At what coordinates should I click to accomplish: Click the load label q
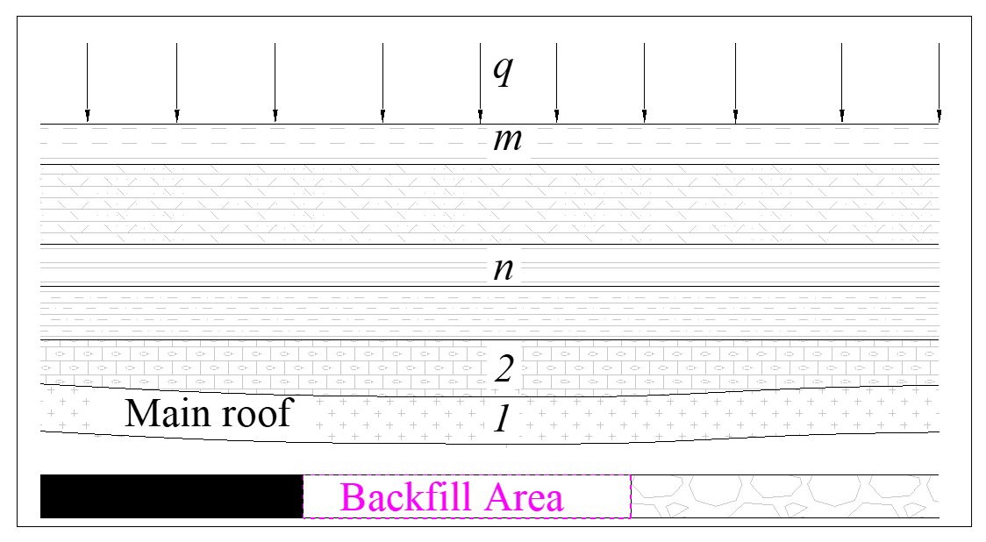pos(502,70)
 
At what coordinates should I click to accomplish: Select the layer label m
pos(507,139)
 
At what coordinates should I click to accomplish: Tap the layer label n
pos(503,267)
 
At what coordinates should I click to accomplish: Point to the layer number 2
pos(504,368)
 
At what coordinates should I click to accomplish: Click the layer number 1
pos(501,420)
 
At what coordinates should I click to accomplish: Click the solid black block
pos(172,496)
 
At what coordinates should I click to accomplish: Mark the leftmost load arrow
pos(87,82)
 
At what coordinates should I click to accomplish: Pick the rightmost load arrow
pos(939,82)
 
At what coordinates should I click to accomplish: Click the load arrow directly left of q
pos(480,82)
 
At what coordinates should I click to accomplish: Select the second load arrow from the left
pos(176,82)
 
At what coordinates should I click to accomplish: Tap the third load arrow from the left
pos(275,82)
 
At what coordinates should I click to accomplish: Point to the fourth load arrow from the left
pos(382,82)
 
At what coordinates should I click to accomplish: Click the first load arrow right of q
pos(556,82)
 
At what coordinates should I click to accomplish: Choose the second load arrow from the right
pos(842,82)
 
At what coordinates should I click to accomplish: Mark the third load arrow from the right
pos(735,82)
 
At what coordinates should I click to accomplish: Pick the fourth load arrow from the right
pos(644,82)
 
